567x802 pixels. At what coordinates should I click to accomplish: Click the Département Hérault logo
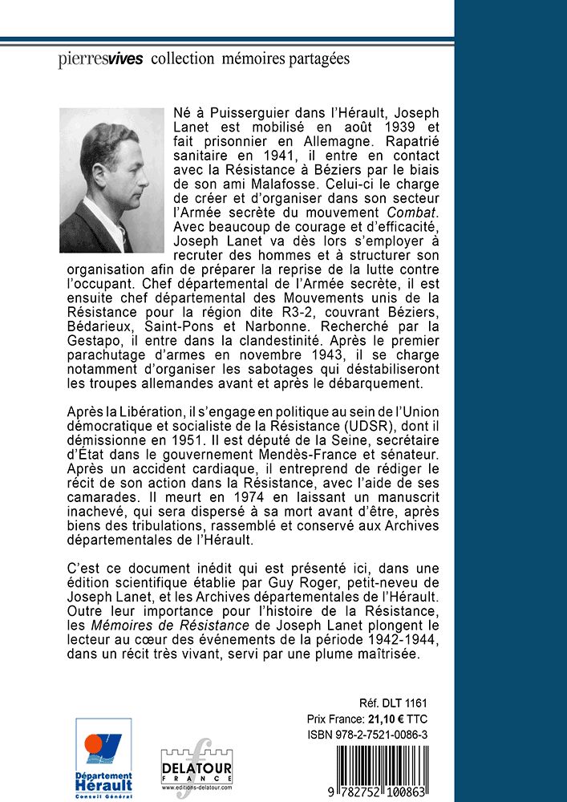(x=103, y=753)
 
